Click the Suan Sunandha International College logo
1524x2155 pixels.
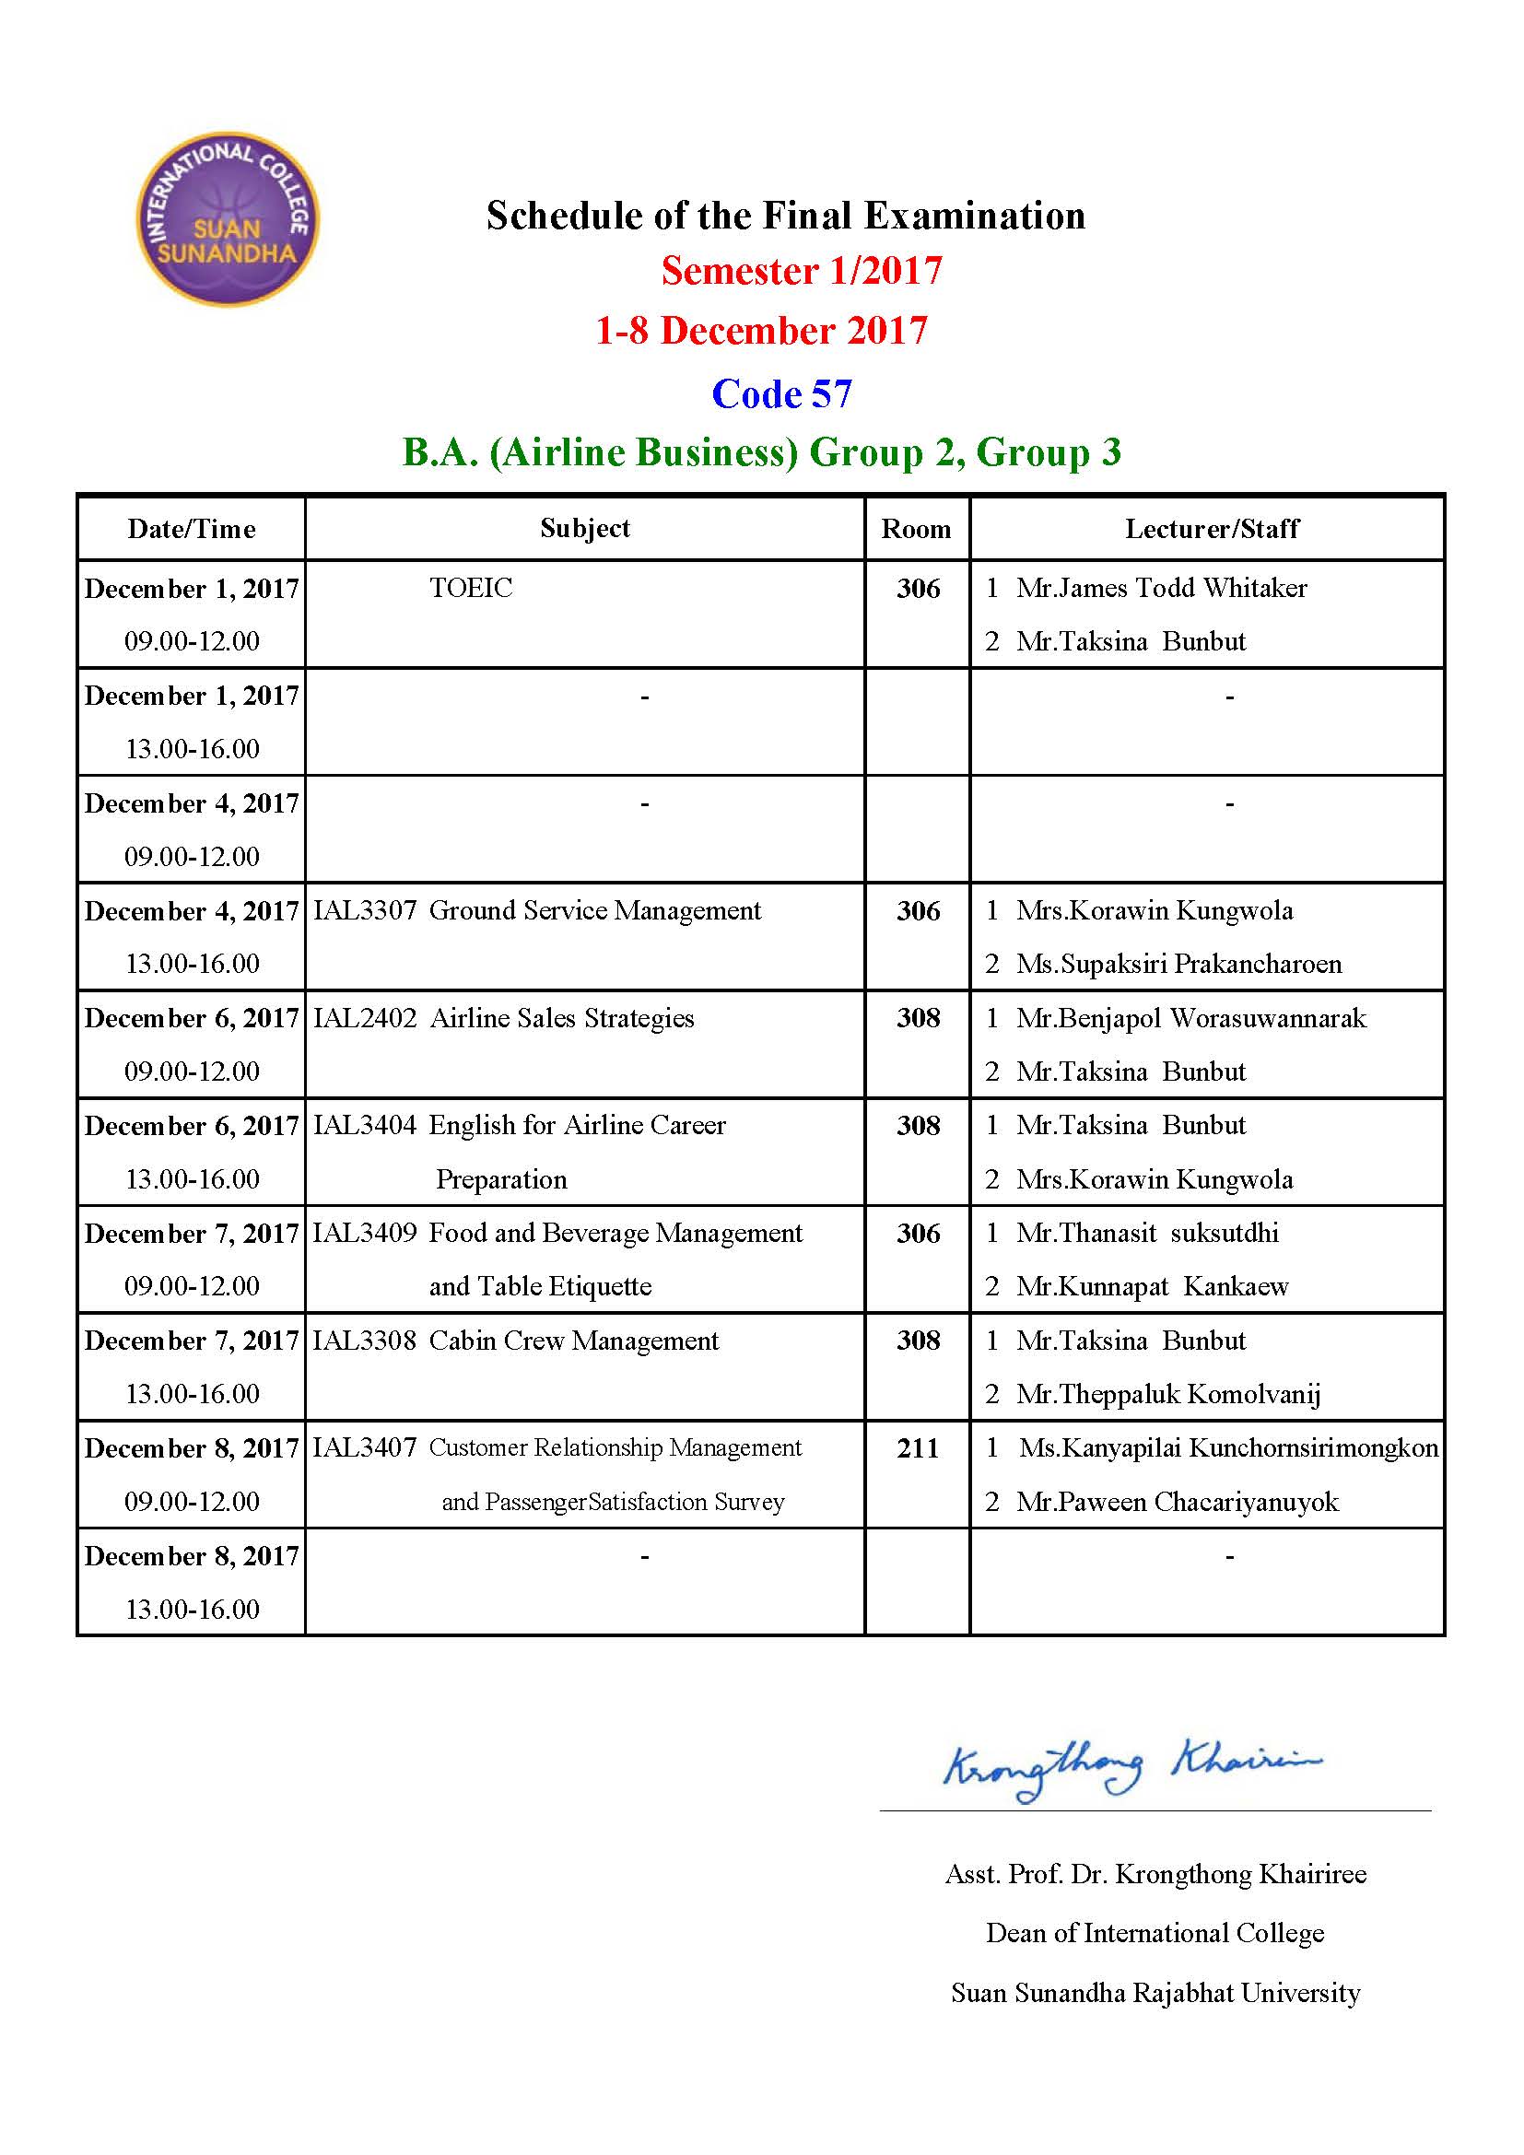coord(228,218)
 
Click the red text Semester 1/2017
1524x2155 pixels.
coord(802,271)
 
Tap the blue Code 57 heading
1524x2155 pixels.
coord(781,394)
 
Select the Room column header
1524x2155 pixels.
coord(916,530)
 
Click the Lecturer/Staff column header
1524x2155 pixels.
coord(1212,530)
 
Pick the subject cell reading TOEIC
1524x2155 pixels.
coord(471,589)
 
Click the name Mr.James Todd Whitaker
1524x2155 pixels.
coord(1161,589)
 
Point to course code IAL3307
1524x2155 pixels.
coord(365,910)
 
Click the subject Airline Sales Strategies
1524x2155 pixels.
coord(562,1018)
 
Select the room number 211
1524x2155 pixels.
coord(918,1448)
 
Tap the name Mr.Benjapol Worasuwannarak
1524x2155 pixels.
coord(1190,1018)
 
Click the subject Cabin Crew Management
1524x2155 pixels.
coord(573,1341)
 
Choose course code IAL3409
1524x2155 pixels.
coord(365,1234)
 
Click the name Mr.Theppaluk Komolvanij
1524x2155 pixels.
coord(1168,1395)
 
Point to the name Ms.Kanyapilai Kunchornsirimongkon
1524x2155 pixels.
coord(1228,1448)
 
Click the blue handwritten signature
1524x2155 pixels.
coord(1131,1768)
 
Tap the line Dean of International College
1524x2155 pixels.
coord(1155,1934)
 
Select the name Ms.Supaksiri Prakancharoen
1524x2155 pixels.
coord(1178,964)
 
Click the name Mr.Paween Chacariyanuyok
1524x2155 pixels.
coord(1177,1502)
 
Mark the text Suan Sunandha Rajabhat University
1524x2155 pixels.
coord(1155,1993)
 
